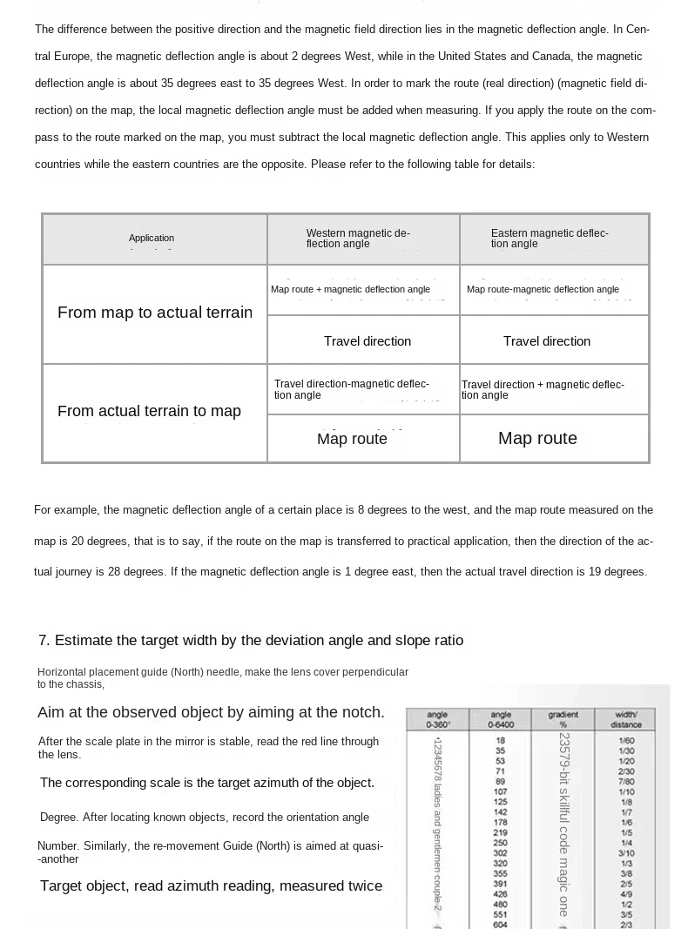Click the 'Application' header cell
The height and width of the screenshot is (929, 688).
click(152, 239)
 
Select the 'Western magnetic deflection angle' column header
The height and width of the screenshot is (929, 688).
click(358, 239)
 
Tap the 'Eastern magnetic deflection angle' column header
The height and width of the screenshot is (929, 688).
click(550, 239)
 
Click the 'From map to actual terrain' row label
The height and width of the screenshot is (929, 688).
click(155, 313)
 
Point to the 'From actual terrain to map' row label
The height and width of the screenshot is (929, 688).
click(149, 411)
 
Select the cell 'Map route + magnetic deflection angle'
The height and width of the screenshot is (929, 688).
click(350, 289)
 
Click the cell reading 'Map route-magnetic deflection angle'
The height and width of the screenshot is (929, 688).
click(543, 289)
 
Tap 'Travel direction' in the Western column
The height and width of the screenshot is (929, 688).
click(367, 341)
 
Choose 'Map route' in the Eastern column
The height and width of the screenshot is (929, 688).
click(537, 438)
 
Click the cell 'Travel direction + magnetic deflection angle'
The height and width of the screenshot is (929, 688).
click(543, 390)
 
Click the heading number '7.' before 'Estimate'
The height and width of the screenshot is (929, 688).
click(44, 641)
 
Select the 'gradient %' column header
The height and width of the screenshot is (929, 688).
click(563, 719)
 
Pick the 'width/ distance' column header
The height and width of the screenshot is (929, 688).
click(626, 719)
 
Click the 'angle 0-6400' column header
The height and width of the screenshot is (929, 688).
click(501, 719)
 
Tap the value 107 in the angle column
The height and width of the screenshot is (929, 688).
click(501, 791)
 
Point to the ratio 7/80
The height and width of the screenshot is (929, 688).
click(626, 781)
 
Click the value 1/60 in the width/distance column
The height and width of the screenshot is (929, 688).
click(626, 740)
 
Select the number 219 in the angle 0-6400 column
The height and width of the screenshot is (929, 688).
click(501, 832)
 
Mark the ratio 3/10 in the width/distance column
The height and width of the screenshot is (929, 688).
click(626, 853)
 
